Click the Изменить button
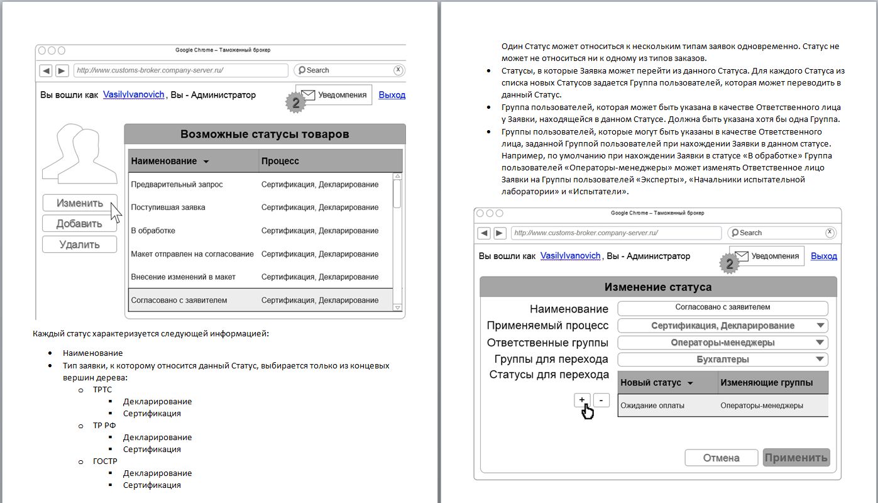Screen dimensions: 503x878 point(80,203)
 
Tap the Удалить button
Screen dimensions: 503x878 point(80,245)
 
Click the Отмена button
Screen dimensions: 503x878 point(721,458)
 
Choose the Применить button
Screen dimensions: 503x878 point(796,458)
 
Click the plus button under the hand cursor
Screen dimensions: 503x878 point(582,400)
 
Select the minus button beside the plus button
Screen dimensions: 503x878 point(601,400)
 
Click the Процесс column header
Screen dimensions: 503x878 point(280,161)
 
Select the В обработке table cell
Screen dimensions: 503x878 point(153,231)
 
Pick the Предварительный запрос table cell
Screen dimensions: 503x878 point(177,184)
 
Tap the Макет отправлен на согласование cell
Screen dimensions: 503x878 point(192,254)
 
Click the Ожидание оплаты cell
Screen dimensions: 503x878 point(652,406)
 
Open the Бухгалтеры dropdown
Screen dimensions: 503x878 point(722,360)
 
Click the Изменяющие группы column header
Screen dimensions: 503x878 point(766,383)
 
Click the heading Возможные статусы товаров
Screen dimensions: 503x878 point(265,134)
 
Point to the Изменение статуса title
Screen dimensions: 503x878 point(658,287)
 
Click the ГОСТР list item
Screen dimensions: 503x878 point(105,461)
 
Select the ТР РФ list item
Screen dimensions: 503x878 point(104,425)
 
